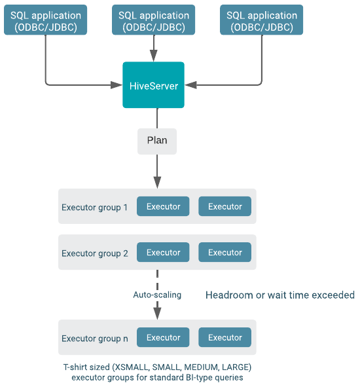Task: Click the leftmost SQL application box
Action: tap(45, 20)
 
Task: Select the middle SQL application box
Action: tap(153, 20)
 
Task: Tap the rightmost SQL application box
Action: tap(262, 20)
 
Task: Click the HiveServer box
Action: tap(153, 85)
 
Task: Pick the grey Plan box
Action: tap(157, 141)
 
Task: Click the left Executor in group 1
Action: tap(163, 206)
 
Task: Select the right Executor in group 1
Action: tap(225, 206)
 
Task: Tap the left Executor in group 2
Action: tap(163, 252)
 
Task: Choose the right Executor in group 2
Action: tap(225, 252)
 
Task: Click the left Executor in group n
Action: tap(163, 337)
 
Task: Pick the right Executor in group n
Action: tap(225, 337)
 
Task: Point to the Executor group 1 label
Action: tap(94, 208)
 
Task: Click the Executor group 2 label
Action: tap(95, 253)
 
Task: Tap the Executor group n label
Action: tap(95, 339)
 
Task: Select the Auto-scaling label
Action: tap(157, 295)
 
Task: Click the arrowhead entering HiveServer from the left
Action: tap(117, 85)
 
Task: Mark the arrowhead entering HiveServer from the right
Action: tap(190, 85)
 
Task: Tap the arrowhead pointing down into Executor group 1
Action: tap(157, 183)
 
